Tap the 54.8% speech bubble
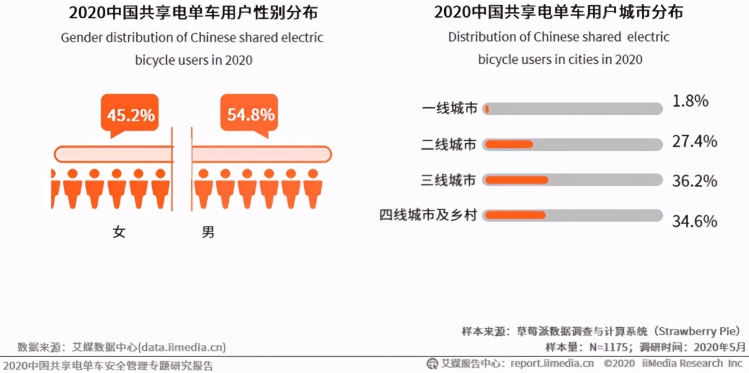click(249, 114)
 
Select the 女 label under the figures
click(119, 232)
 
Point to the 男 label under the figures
click(208, 232)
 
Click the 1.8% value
click(690, 101)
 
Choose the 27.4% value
click(695, 141)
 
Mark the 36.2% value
click(695, 181)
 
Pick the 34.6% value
click(695, 221)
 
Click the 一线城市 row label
click(449, 109)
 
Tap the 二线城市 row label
click(448, 144)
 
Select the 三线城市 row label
click(448, 180)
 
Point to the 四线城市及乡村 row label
click(428, 215)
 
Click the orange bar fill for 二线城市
click(509, 144)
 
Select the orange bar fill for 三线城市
click(517, 180)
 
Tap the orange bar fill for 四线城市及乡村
click(516, 215)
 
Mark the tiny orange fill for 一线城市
click(487, 109)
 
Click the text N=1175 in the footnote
click(609, 348)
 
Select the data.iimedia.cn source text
click(182, 348)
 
